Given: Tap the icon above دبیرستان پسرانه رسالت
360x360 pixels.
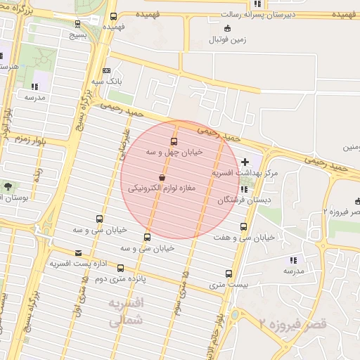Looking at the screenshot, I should point(258,4).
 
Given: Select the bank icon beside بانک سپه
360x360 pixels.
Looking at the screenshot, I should point(106,70).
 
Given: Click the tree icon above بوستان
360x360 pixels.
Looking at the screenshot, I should point(8,186).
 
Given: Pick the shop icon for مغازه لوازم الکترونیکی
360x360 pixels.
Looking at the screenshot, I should point(162,177).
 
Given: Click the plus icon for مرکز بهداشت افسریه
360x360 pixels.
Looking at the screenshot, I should point(245,162).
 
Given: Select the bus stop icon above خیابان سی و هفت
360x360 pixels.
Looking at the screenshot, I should point(243,226).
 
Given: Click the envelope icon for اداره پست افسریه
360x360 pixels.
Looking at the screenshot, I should point(77,252).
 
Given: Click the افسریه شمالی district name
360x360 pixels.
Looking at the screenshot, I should point(127,311).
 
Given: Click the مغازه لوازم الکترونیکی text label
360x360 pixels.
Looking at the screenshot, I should point(162,188).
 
